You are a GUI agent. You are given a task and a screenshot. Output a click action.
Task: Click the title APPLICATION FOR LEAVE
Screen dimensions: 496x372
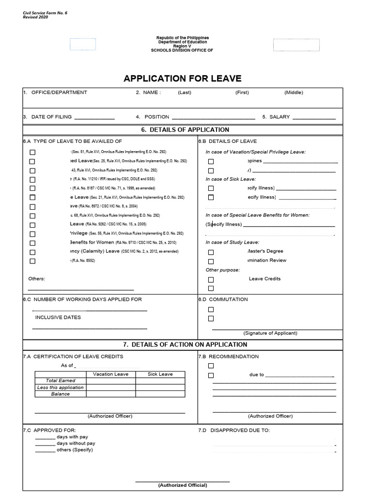(182, 78)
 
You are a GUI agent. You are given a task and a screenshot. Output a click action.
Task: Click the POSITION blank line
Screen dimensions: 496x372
(213, 118)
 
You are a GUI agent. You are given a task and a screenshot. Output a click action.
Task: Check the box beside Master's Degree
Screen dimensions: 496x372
(211, 252)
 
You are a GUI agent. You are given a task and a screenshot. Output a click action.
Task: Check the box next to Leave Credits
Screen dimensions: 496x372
(211, 279)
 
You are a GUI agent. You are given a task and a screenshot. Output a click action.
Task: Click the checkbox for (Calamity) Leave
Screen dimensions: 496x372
(32, 252)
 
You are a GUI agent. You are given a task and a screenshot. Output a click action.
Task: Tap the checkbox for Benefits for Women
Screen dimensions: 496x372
(32, 243)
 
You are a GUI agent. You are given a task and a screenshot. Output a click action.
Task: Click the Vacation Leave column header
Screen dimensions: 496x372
(110, 374)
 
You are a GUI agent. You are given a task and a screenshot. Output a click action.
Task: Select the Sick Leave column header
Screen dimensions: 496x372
(160, 374)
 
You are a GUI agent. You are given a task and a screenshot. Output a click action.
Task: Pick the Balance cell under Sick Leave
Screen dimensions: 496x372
(160, 394)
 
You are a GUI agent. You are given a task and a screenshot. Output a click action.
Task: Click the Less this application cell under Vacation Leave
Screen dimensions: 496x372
(110, 387)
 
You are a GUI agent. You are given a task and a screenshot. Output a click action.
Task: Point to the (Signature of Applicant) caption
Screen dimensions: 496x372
(270, 333)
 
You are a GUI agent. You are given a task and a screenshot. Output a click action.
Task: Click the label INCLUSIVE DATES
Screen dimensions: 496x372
(58, 317)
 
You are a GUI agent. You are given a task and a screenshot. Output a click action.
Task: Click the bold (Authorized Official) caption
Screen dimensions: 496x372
(182, 485)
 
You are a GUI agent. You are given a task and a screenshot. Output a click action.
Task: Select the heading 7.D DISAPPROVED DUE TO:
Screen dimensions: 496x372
(234, 430)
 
